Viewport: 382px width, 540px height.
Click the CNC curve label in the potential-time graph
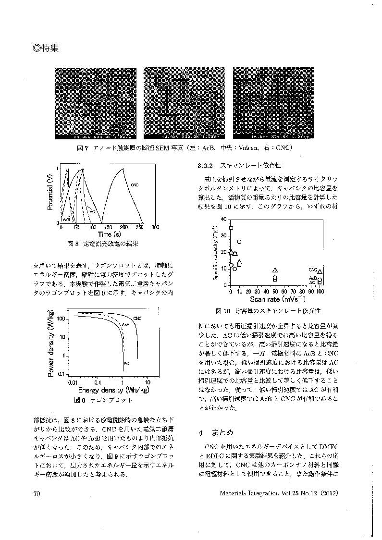click(x=135, y=185)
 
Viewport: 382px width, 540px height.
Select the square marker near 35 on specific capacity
click(x=231, y=228)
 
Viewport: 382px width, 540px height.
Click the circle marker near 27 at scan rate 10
click(x=239, y=242)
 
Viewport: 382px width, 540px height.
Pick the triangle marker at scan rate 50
click(x=275, y=270)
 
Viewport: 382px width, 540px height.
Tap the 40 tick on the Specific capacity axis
click(x=223, y=220)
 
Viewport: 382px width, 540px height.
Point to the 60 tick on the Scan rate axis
click(x=284, y=292)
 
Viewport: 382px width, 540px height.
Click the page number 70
click(x=37, y=493)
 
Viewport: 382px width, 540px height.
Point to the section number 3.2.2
click(x=205, y=165)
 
